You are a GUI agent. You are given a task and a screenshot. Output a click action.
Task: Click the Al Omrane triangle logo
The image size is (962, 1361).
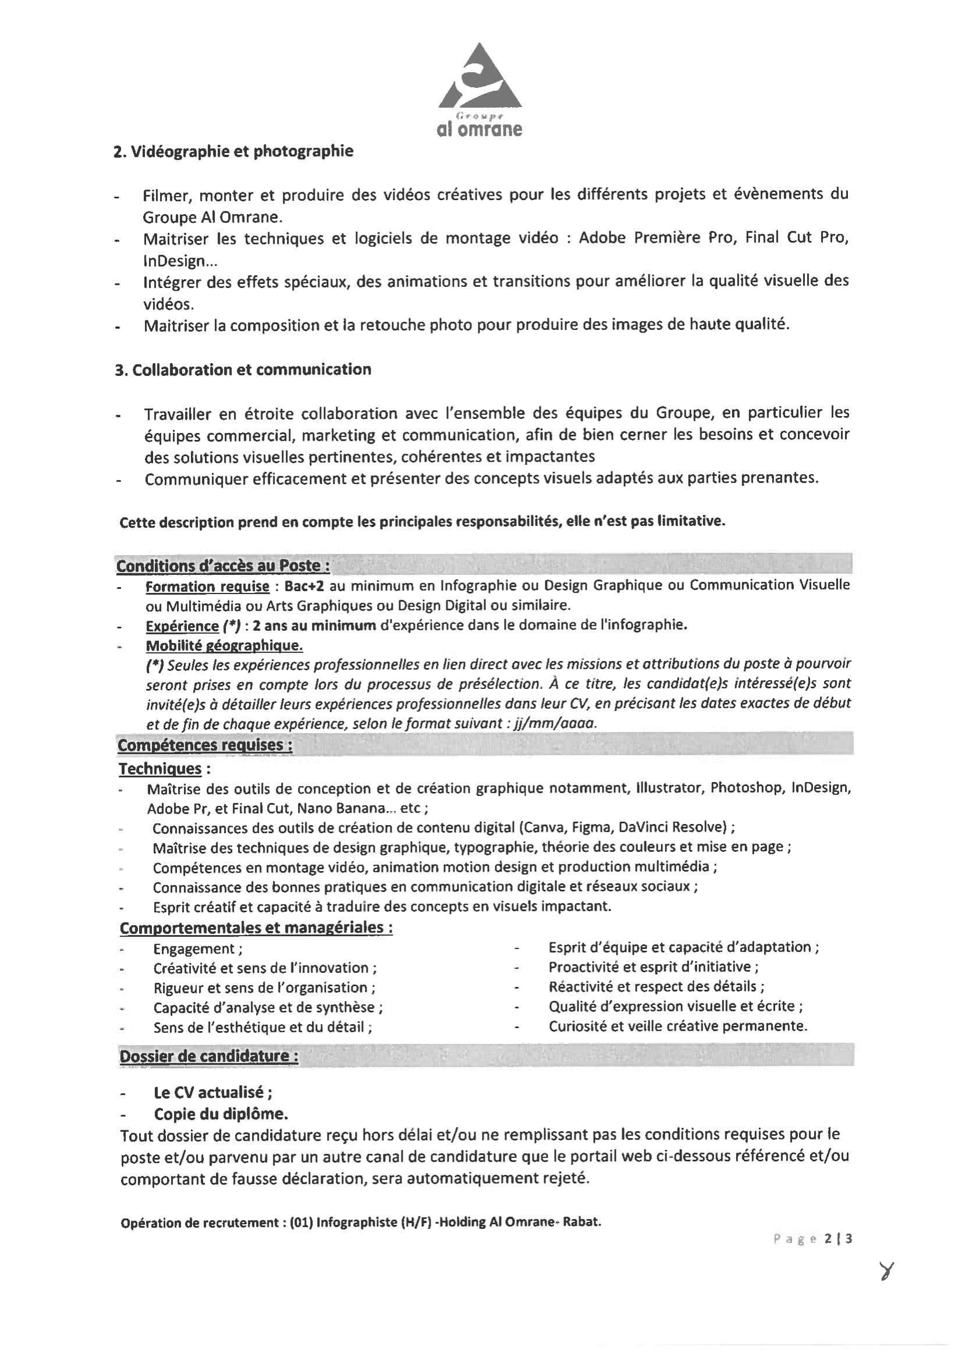click(x=480, y=77)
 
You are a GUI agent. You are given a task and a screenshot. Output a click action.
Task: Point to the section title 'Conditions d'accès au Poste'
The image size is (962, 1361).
click(x=223, y=566)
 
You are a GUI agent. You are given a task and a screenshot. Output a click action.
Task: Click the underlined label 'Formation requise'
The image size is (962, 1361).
click(x=207, y=587)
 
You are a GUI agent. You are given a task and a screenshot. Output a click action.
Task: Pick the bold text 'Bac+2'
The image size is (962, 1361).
click(x=304, y=587)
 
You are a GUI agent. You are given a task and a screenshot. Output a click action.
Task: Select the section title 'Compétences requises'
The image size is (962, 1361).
click(x=205, y=745)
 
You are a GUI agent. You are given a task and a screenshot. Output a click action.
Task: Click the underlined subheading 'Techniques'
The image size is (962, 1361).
click(x=160, y=769)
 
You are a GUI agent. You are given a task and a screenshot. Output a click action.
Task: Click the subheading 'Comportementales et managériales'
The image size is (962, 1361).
click(x=256, y=928)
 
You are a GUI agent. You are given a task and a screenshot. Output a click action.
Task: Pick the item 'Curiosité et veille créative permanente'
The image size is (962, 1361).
click(x=677, y=1026)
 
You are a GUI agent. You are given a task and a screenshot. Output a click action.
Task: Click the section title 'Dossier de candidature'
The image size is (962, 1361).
click(x=209, y=1056)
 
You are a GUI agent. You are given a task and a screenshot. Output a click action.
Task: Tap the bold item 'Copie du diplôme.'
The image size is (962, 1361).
click(x=221, y=1114)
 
